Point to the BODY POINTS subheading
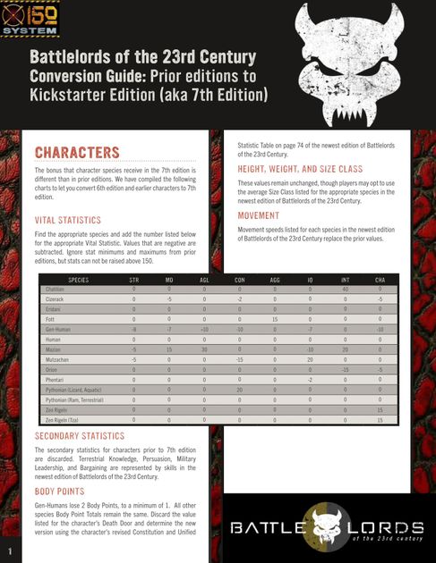click(61, 492)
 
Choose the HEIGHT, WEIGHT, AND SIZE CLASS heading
click(300, 169)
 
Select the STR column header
click(133, 280)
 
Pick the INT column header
click(345, 280)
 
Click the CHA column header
click(380, 280)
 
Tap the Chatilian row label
click(56, 289)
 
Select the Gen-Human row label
click(58, 330)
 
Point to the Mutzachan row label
click(58, 359)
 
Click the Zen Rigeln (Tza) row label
click(62, 419)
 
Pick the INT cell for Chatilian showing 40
click(345, 289)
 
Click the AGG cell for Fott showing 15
click(275, 319)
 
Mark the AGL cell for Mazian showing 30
click(204, 349)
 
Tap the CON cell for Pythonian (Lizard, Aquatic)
click(240, 390)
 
